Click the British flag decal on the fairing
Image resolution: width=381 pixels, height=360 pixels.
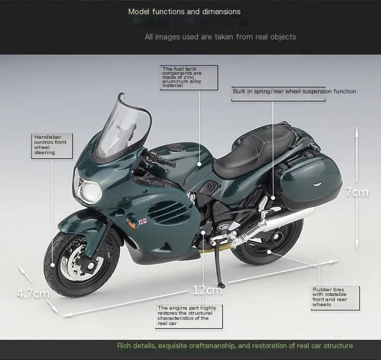click(143, 221)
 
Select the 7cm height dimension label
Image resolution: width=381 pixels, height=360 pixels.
click(357, 192)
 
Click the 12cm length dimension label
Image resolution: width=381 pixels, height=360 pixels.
click(207, 290)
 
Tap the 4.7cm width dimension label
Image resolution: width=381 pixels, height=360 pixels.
click(33, 293)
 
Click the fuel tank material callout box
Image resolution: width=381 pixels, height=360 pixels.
click(189, 77)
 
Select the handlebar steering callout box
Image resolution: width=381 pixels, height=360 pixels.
click(51, 145)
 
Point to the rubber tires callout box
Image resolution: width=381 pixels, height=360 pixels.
click(335, 297)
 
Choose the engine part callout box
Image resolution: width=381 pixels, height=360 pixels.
click(187, 315)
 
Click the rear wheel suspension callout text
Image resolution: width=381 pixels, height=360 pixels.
click(294, 92)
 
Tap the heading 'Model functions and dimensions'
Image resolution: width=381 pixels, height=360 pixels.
click(184, 11)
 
